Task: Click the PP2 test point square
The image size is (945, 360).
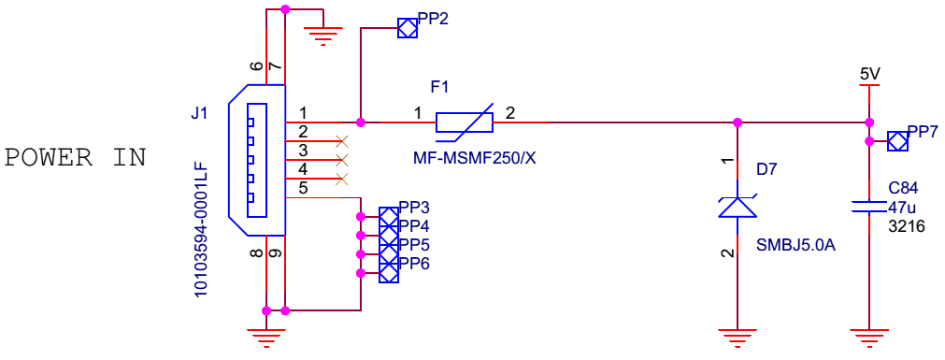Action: (x=407, y=28)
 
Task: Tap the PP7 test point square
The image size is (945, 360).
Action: (x=898, y=142)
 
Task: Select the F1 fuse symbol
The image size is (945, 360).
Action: (x=464, y=122)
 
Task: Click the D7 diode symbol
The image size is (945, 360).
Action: (x=737, y=206)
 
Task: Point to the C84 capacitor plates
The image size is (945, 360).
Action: (x=868, y=207)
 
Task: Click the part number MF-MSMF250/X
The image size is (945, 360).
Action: (x=474, y=159)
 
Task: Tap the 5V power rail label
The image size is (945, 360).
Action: (x=870, y=74)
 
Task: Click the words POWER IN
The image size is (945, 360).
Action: (x=76, y=158)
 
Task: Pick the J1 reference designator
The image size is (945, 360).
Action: (x=199, y=113)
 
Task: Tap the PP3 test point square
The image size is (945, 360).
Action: (x=389, y=216)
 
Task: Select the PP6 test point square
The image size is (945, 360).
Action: (x=389, y=272)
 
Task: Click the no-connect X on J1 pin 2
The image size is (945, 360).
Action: (x=342, y=141)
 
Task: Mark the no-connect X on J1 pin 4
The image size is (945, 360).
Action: (x=342, y=179)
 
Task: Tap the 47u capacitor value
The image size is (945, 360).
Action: (x=902, y=208)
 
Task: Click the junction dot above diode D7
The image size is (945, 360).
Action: (x=737, y=122)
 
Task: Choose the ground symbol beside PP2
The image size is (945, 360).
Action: (x=323, y=36)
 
